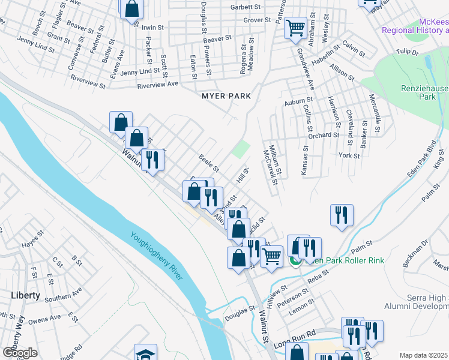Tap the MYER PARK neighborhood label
pos(226,96)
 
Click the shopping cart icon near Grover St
pos(295,28)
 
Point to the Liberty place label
pos(25,295)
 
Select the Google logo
pos(20,352)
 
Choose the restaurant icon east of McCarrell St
pos(342,215)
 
